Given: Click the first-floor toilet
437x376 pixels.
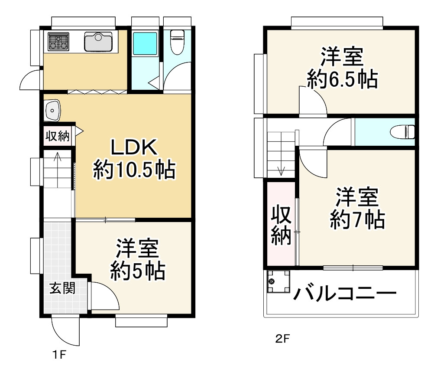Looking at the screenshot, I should coord(177,42).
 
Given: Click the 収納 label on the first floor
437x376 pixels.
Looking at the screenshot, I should coord(58,136).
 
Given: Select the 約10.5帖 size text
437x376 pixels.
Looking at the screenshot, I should coord(134,170).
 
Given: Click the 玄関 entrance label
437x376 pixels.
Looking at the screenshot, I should coord(61,288).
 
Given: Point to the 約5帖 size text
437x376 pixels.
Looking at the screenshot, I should coord(137,271).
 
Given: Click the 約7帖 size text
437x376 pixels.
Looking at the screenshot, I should coord(357,220).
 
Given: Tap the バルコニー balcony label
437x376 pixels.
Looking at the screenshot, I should coord(345,294).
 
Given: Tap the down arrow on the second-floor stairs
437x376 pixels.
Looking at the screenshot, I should coord(282,170).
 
